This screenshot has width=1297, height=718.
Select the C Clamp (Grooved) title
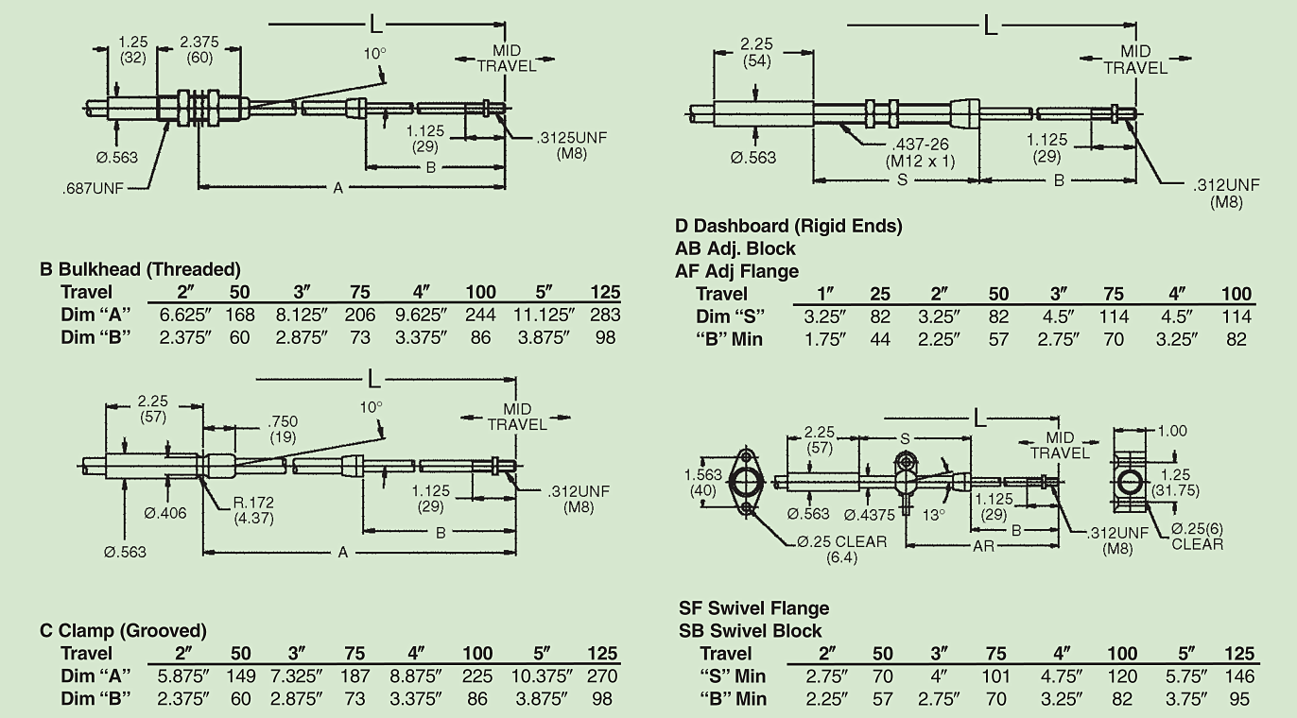point(123,630)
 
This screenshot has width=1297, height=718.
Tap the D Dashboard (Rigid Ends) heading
point(788,226)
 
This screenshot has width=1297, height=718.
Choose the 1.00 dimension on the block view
point(1171,432)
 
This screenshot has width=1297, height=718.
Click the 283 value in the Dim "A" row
point(601,315)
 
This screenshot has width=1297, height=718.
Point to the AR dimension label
point(984,546)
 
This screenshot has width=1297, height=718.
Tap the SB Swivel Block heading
point(750,630)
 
